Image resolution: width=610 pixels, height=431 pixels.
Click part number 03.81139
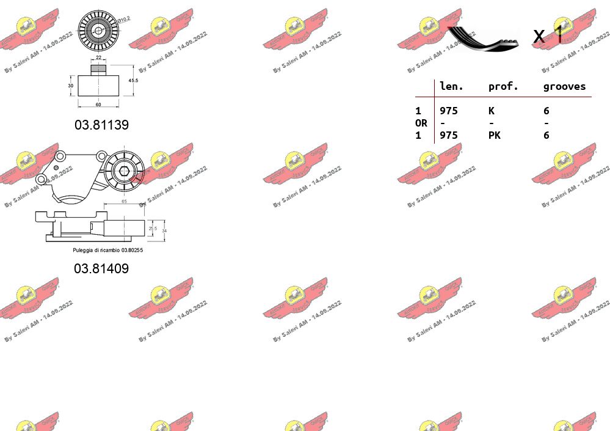tap(101, 125)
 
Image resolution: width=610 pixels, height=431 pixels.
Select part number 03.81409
tap(101, 268)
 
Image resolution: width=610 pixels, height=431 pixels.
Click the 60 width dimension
tap(98, 105)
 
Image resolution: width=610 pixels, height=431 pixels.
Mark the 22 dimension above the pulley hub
tap(98, 57)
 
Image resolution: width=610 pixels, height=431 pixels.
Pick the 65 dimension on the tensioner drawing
tap(124, 201)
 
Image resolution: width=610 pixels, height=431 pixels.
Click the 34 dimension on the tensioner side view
tap(164, 230)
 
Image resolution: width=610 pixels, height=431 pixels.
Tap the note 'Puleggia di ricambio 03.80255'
tap(107, 250)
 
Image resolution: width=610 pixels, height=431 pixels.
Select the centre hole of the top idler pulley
tap(98, 30)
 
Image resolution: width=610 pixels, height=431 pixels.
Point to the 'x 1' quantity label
tap(548, 36)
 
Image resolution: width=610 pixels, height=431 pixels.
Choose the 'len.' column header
tap(452, 87)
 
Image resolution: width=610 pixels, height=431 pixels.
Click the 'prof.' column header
tap(503, 87)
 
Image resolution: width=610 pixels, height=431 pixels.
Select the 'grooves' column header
tap(564, 87)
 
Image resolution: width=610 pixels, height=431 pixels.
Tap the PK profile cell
tap(494, 135)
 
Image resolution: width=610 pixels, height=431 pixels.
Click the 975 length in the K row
tap(449, 111)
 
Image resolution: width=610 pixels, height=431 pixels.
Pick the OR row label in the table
tap(421, 123)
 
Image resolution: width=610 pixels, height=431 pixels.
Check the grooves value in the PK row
tap(546, 135)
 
